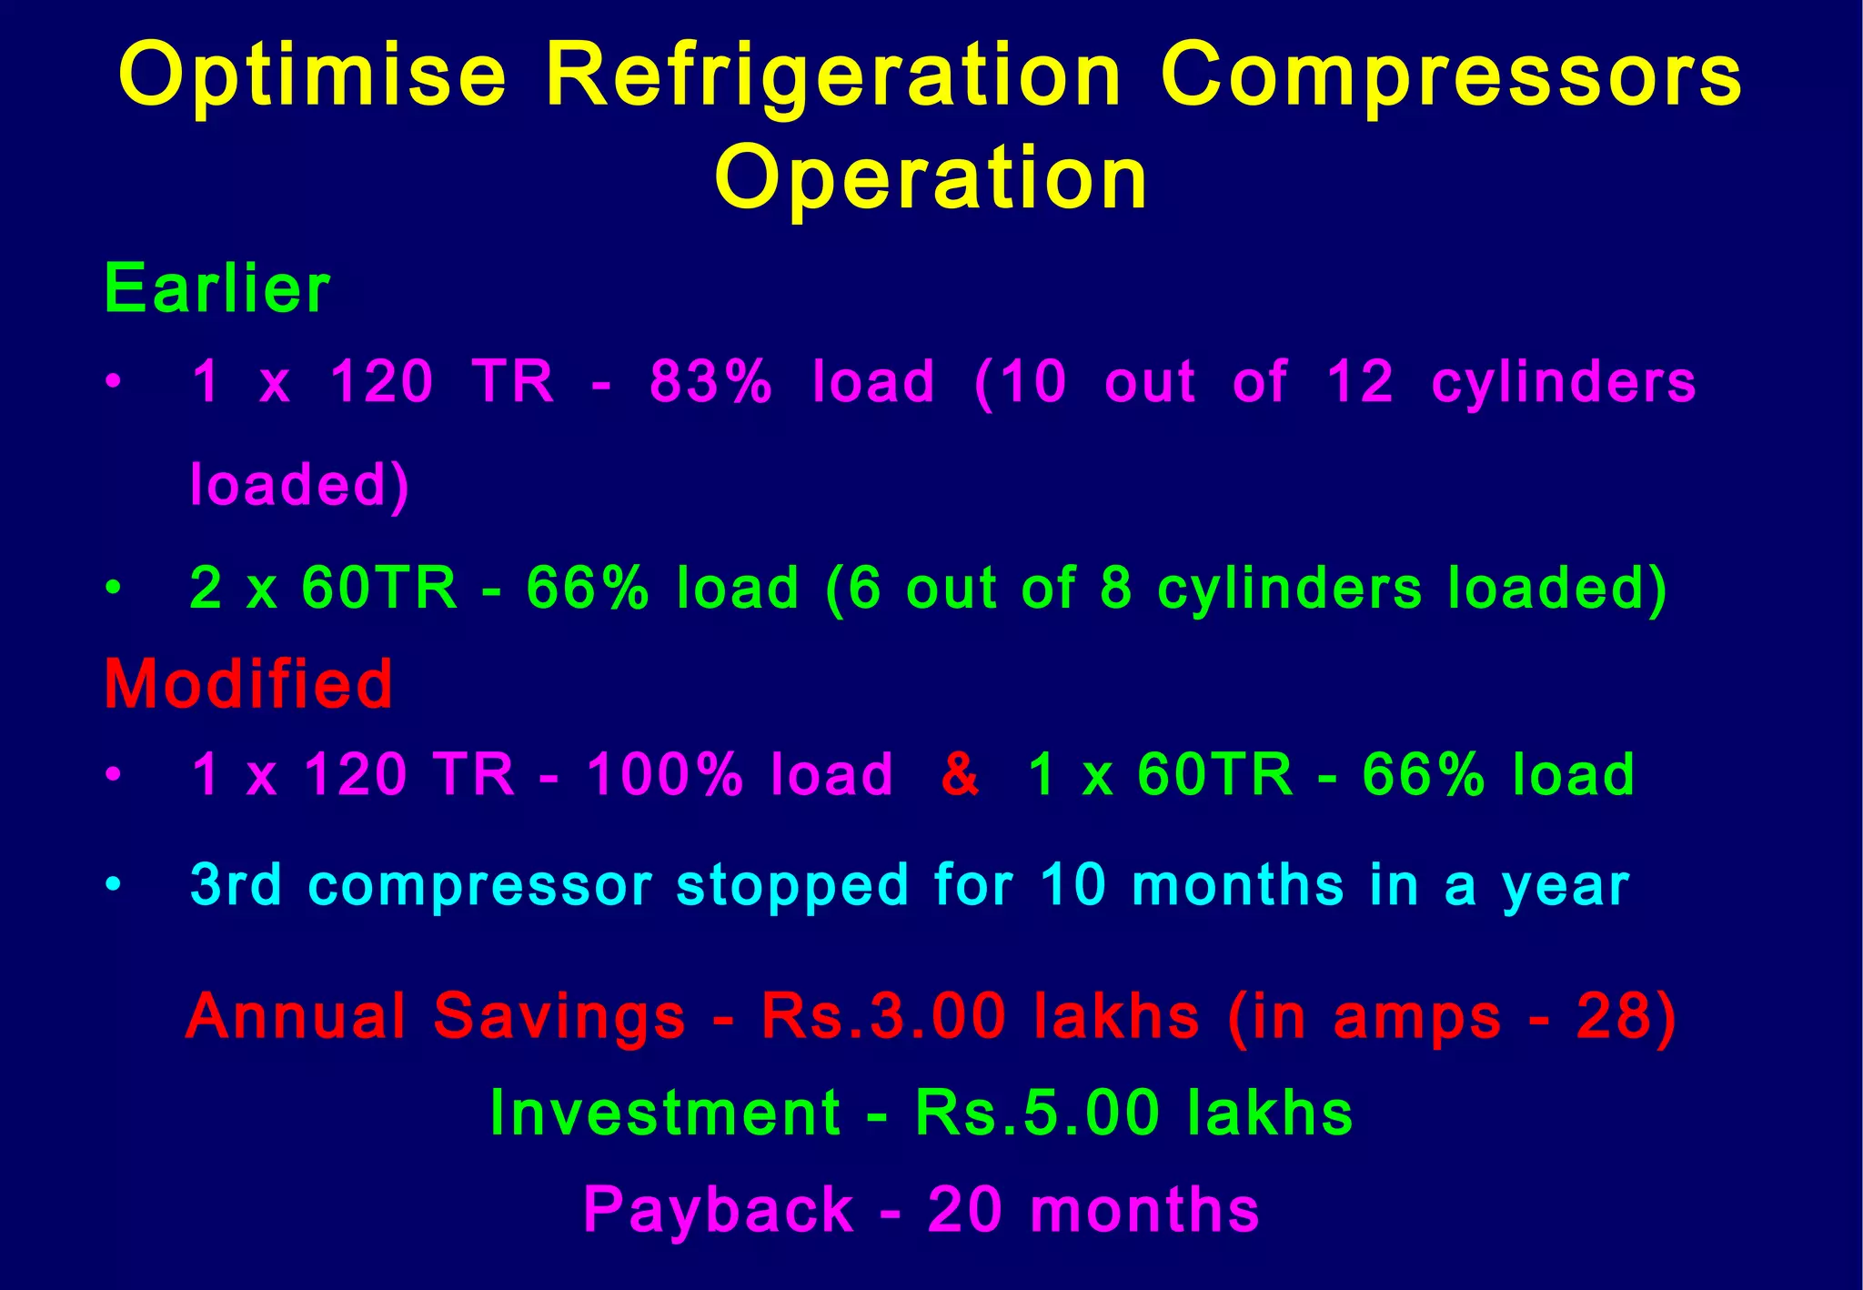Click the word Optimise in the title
click(x=312, y=76)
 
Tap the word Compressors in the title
click(x=1451, y=76)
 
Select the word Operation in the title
click(x=931, y=178)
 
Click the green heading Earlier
click(x=217, y=289)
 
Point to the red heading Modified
click(x=248, y=684)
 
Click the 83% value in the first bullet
click(x=710, y=381)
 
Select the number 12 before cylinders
click(x=1359, y=381)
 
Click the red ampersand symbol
click(x=961, y=774)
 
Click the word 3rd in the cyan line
click(x=236, y=884)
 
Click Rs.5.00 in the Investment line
click(x=1038, y=1114)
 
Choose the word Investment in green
click(x=665, y=1114)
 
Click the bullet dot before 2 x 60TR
click(x=112, y=589)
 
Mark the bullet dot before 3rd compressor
click(x=112, y=884)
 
